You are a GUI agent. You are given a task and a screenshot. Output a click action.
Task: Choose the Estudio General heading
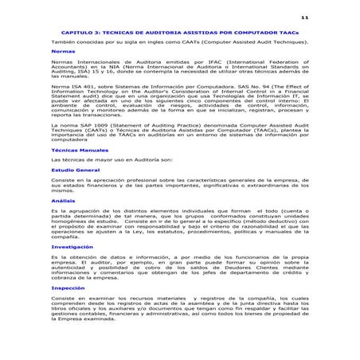pyautogui.click(x=75, y=170)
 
